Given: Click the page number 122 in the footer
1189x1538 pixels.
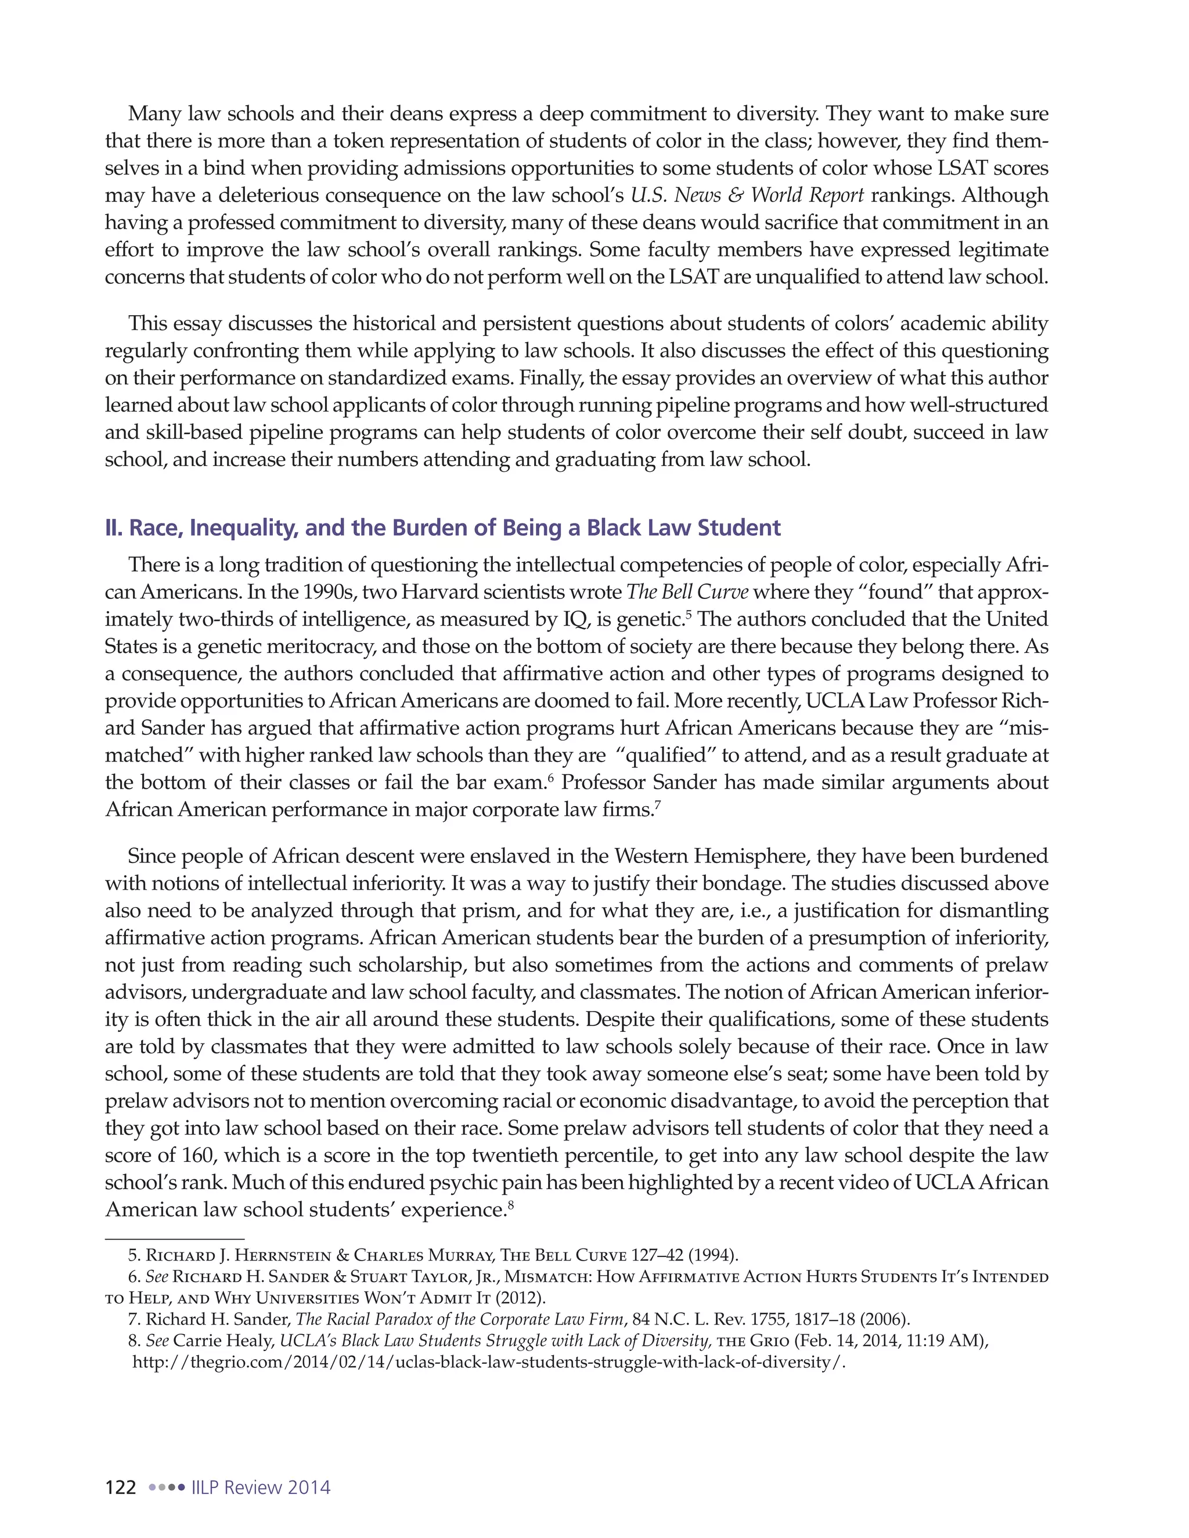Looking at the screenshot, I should pyautogui.click(x=120, y=1488).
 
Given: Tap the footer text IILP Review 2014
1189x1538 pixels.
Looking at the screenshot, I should pyautogui.click(x=261, y=1488).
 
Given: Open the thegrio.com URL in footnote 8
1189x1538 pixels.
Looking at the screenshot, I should pyautogui.click(x=488, y=1362).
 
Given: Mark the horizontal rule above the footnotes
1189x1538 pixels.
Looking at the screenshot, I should pyautogui.click(x=175, y=1238).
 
